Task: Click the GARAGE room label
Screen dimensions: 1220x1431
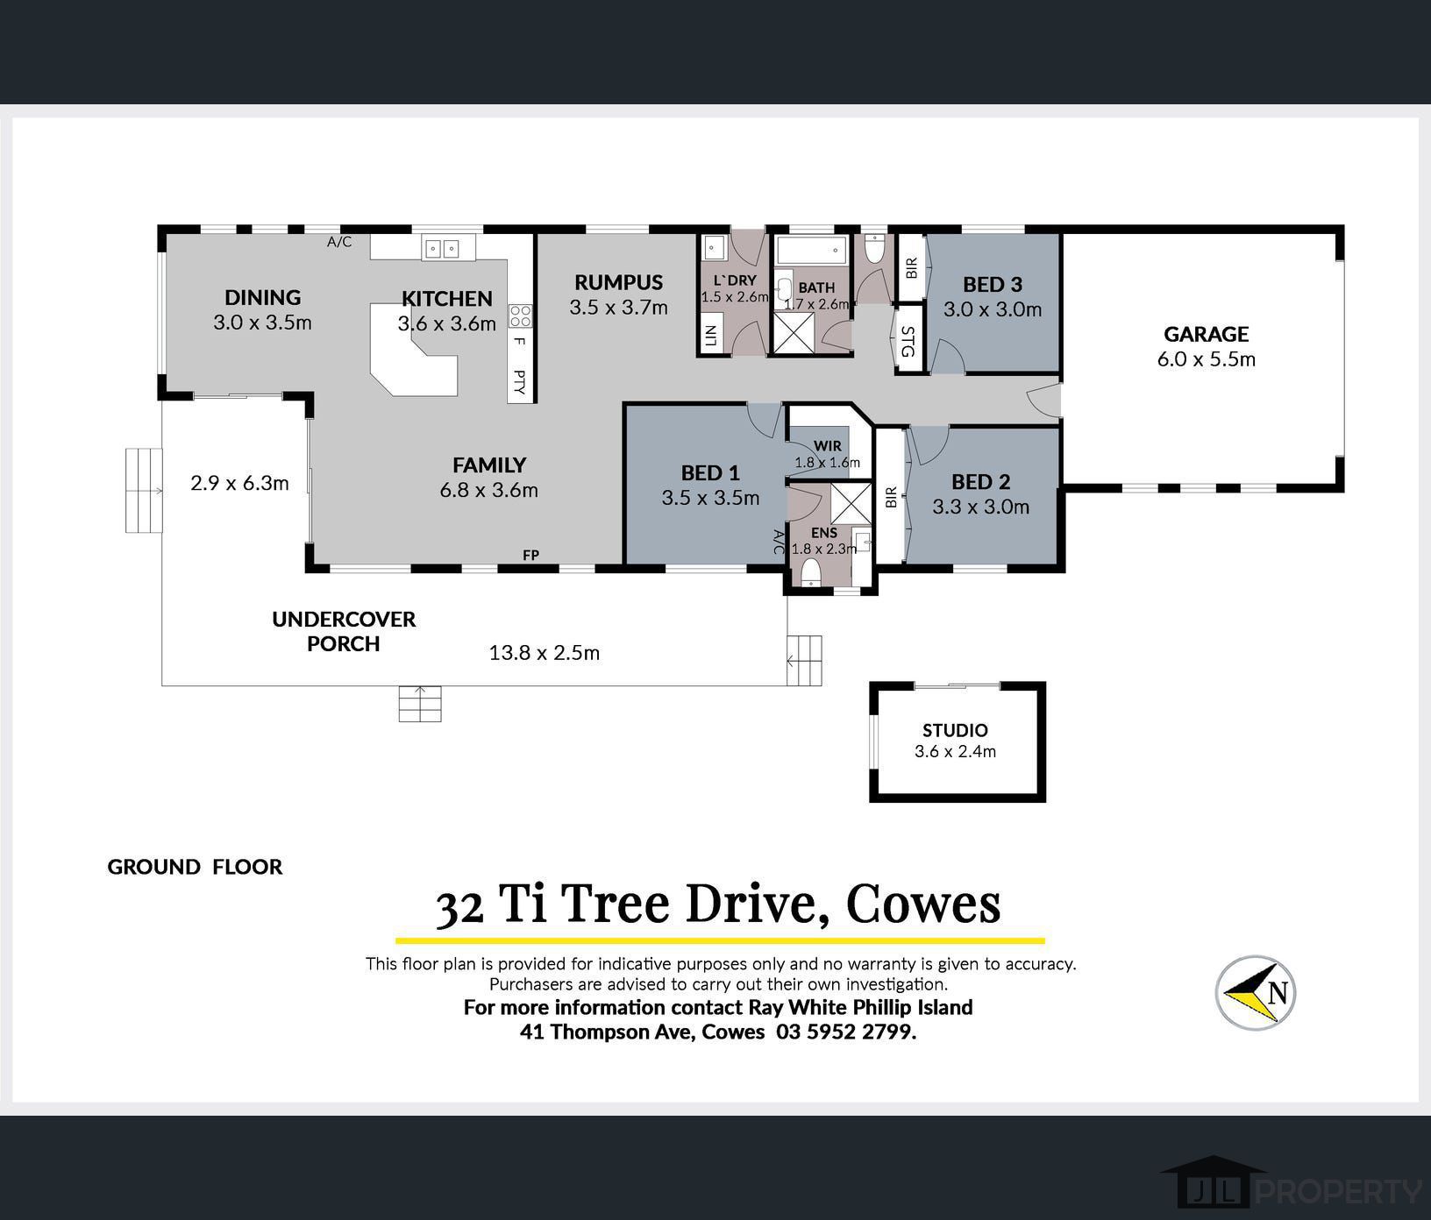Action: point(1206,334)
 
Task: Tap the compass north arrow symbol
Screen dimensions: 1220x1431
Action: point(1256,992)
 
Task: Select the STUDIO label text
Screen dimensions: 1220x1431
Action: point(955,730)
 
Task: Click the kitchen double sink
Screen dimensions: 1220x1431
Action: point(442,249)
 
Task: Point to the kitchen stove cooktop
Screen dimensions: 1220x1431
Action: point(520,316)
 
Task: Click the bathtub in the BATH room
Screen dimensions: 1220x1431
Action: point(812,250)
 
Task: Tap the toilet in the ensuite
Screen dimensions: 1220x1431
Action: point(811,572)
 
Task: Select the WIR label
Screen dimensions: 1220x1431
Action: point(827,446)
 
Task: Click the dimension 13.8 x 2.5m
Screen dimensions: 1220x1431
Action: point(544,653)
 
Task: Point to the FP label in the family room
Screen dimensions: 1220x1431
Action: point(530,555)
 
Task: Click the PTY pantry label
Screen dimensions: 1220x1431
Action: point(519,381)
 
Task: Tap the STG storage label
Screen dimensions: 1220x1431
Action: point(908,342)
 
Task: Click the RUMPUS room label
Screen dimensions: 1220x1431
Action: point(618,282)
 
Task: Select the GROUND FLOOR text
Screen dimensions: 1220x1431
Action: point(195,867)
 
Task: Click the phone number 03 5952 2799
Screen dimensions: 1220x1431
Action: point(845,1032)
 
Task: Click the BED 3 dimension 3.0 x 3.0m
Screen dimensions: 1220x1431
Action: point(993,309)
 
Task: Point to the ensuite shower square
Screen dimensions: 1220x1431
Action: point(850,502)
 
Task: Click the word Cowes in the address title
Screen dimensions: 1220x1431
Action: point(922,904)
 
